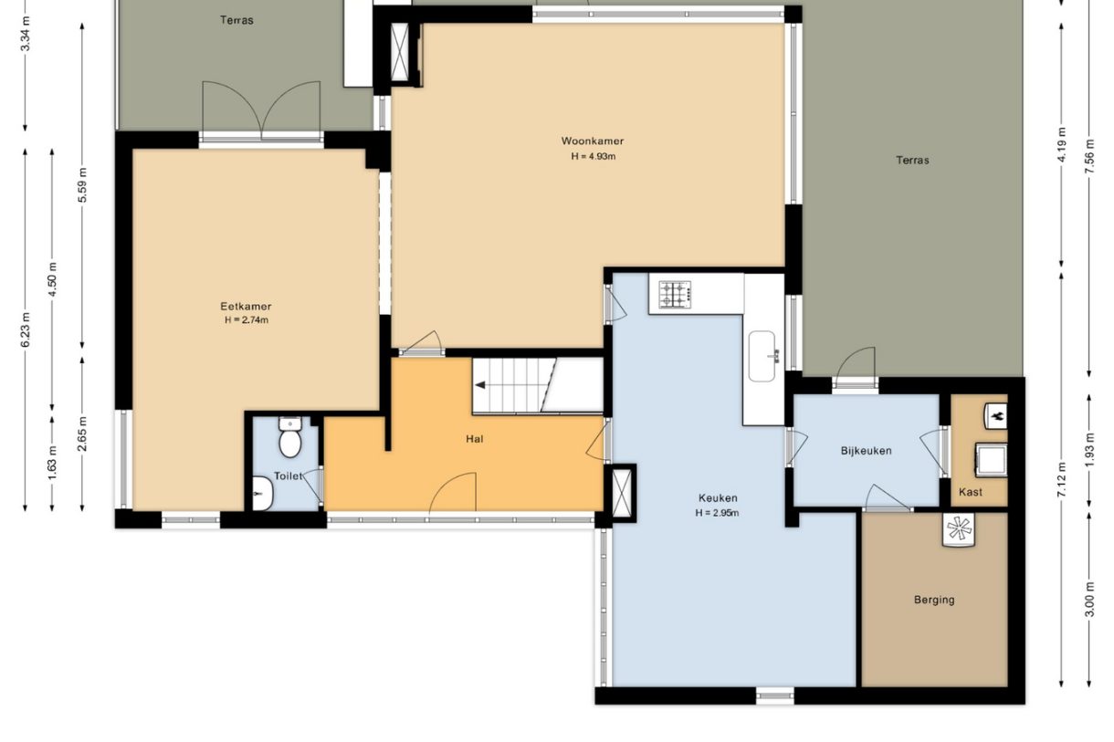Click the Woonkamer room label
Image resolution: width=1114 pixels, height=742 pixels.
pos(593,141)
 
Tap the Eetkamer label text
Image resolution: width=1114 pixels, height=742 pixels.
pos(246,306)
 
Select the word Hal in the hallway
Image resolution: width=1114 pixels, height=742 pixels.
pos(475,439)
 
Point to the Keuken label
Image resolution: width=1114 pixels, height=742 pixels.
pos(718,497)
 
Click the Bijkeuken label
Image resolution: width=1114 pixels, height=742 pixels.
pos(866,451)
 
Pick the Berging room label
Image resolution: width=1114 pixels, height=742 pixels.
pos(934,600)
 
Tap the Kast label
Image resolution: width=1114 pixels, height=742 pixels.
pos(971,492)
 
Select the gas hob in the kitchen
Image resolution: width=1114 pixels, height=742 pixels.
pos(675,294)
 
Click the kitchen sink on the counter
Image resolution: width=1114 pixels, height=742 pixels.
pos(762,356)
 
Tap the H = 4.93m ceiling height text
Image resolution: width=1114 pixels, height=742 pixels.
pos(593,157)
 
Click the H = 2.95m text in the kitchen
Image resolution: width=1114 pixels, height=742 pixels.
pos(717,513)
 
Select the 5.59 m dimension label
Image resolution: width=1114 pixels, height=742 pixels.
pos(82,185)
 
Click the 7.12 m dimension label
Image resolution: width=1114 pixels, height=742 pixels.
pos(1062,479)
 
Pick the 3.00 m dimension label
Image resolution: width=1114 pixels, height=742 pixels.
pos(1089,599)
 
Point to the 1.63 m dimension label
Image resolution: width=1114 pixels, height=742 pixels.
pos(52,463)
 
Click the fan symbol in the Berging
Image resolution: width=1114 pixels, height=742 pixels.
pos(959,529)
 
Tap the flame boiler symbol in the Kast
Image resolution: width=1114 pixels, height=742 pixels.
pos(996,415)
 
